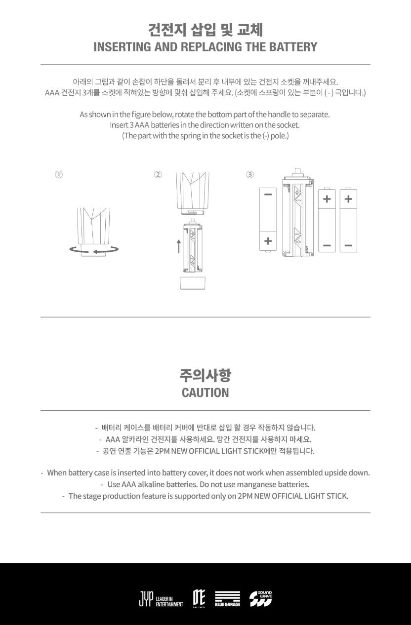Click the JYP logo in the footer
pyautogui.click(x=146, y=598)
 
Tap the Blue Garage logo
pyautogui.click(x=227, y=598)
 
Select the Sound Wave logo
pyautogui.click(x=260, y=598)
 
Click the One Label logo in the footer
pyautogui.click(x=199, y=598)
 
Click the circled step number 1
pyautogui.click(x=59, y=175)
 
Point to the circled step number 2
pyautogui.click(x=158, y=175)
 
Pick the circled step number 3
pyautogui.click(x=250, y=175)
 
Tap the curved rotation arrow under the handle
pyautogui.click(x=94, y=250)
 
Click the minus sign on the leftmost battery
pyautogui.click(x=268, y=195)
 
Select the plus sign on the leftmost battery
pyautogui.click(x=268, y=241)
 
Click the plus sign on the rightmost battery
pyautogui.click(x=348, y=199)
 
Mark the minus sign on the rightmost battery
pyautogui.click(x=348, y=245)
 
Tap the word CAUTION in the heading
pyautogui.click(x=205, y=393)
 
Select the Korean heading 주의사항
pyautogui.click(x=205, y=376)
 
